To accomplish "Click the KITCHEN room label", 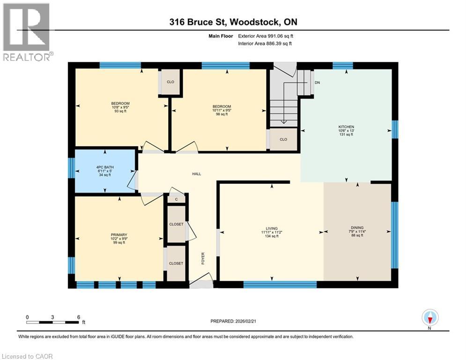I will click(346, 127).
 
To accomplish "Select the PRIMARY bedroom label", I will click(119, 235).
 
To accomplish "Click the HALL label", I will click(197, 174).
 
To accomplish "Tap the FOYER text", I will click(203, 258).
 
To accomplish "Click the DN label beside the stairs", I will click(317, 82).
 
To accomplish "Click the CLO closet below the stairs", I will click(283, 140).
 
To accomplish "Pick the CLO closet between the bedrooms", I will click(170, 82).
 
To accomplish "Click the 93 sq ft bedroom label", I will click(120, 107).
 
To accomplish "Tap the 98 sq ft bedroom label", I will click(222, 111).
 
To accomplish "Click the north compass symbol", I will click(429, 318).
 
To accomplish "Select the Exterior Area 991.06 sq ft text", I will click(266, 36).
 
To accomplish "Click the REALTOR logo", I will click(27, 32).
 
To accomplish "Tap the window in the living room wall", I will click(280, 284).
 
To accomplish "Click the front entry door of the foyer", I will click(201, 284).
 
